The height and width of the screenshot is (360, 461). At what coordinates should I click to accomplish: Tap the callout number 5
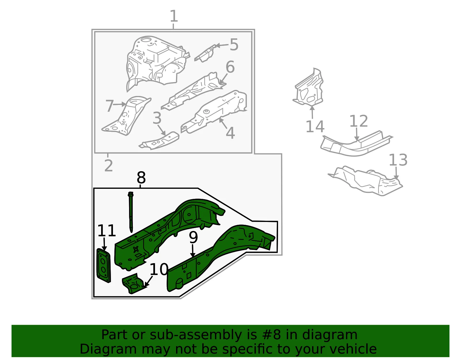(x=234, y=45)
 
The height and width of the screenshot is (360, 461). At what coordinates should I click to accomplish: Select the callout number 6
(x=230, y=67)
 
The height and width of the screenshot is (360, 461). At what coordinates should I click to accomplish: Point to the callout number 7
(x=110, y=106)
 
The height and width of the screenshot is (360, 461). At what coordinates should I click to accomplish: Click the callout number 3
(x=157, y=118)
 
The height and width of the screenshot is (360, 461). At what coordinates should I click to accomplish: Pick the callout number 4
(x=231, y=133)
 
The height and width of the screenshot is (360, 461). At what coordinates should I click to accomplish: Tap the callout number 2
(x=108, y=165)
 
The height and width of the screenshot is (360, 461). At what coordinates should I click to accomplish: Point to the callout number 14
(x=315, y=127)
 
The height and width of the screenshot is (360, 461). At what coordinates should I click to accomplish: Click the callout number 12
(x=358, y=121)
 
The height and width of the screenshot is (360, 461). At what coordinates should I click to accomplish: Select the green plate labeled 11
(x=104, y=265)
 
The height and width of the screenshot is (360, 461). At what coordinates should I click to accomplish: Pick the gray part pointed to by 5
(x=205, y=53)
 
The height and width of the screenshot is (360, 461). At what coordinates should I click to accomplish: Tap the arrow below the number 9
(x=192, y=251)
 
